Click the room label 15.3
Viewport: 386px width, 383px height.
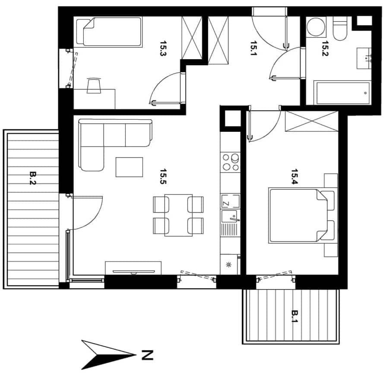(163, 48)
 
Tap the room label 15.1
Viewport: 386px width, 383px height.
(253, 48)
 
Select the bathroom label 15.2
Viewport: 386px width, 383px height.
(325, 48)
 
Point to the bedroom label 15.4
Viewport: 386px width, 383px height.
(294, 176)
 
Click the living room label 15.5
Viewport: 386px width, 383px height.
(163, 176)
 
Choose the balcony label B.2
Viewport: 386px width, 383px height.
(33, 178)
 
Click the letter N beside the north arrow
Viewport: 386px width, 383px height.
(147, 355)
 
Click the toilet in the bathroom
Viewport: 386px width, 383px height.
(340, 29)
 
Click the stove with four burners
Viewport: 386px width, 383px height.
(231, 162)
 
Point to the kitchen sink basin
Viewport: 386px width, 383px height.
(229, 216)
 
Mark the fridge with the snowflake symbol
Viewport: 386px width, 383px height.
(230, 265)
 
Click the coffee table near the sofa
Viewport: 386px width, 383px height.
(129, 167)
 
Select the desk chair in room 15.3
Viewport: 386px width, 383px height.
(94, 86)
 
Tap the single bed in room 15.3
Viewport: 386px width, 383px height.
(109, 32)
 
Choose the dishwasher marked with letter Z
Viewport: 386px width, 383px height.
(230, 201)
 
